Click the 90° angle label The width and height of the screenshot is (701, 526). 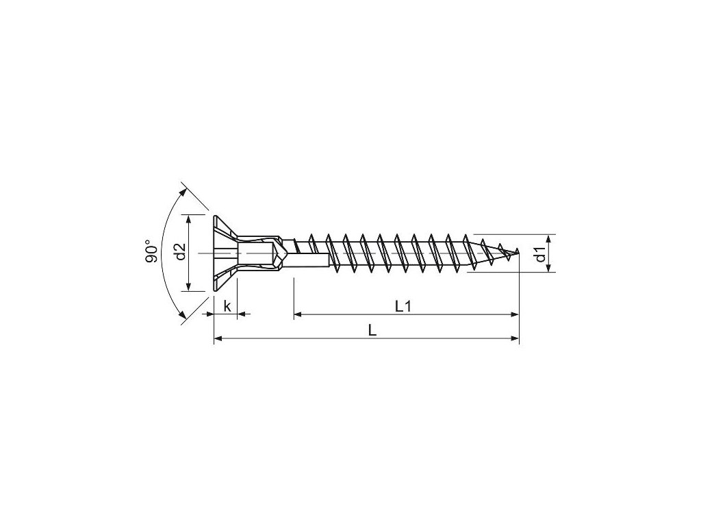tap(152, 251)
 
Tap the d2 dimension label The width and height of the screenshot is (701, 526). tap(180, 251)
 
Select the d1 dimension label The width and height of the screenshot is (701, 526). tap(541, 255)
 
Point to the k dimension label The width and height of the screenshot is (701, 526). tap(227, 306)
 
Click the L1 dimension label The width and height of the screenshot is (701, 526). tap(403, 306)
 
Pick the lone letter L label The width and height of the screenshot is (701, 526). tap(372, 331)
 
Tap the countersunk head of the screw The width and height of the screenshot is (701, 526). tap(225, 253)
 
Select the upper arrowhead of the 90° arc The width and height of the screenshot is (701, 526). tap(183, 192)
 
